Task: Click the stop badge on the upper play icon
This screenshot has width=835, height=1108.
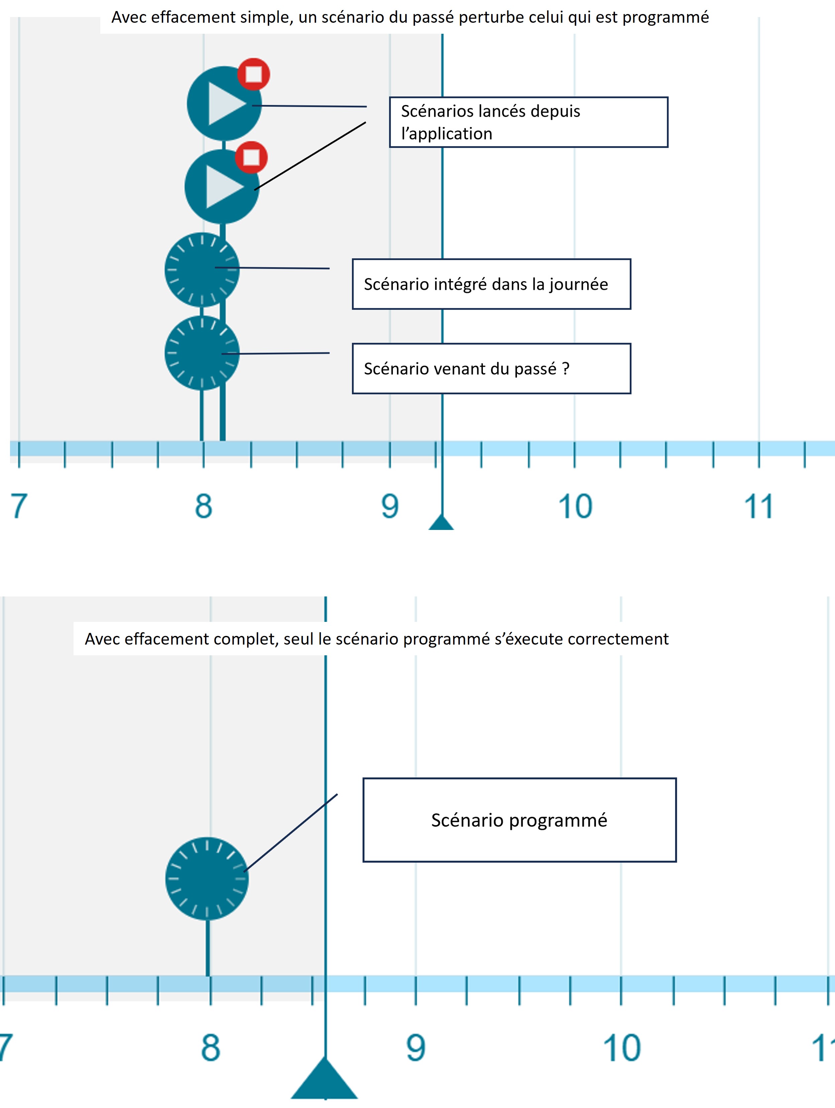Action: [x=253, y=74]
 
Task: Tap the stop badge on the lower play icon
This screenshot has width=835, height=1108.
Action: [x=251, y=157]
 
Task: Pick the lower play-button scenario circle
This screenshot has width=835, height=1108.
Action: [x=219, y=187]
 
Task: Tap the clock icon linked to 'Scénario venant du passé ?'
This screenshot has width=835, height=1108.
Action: [x=202, y=353]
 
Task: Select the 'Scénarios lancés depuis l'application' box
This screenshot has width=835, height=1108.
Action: [x=528, y=122]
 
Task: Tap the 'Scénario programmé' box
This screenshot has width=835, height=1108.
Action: [x=519, y=820]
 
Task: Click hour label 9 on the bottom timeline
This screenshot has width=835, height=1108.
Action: [x=415, y=1047]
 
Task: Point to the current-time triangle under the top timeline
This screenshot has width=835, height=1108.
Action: [x=441, y=523]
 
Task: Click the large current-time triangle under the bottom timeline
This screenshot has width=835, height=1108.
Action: [x=325, y=1082]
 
